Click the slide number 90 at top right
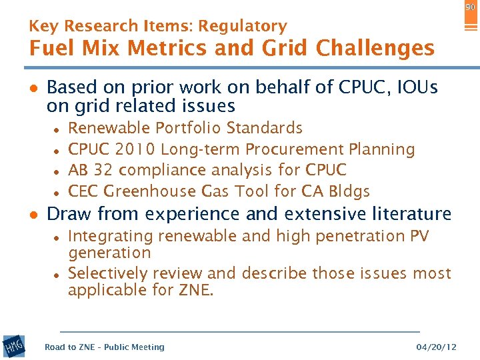tap(470, 6)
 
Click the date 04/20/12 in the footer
tap(437, 347)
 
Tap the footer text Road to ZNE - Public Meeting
tap(104, 347)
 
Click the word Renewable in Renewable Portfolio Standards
tap(109, 128)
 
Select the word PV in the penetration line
tap(420, 236)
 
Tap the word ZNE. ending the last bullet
tap(195, 290)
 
